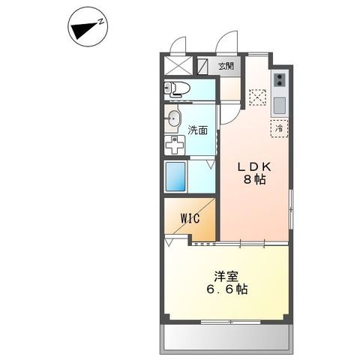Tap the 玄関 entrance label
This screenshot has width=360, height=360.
(226, 66)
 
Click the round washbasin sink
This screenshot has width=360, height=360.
(174, 118)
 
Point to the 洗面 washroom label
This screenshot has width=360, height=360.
(198, 130)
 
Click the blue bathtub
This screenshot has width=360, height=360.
(177, 178)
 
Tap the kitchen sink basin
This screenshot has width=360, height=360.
(279, 102)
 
